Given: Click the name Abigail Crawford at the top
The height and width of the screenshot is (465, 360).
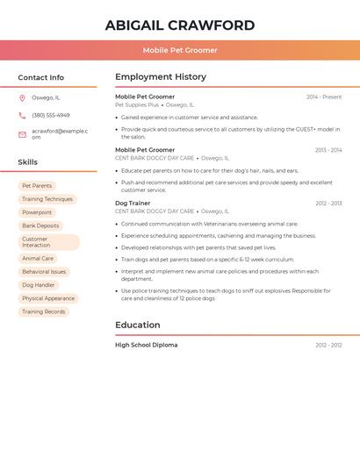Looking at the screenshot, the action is point(180,25).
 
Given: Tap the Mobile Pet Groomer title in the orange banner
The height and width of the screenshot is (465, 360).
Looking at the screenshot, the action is point(180,50).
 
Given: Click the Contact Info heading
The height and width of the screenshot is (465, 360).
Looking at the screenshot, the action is point(41,77).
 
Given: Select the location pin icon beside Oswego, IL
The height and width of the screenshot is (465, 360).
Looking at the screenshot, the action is point(22,97).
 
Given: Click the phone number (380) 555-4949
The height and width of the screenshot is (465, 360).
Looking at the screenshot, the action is point(51,115).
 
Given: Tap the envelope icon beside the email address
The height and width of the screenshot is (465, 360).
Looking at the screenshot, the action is point(22,134).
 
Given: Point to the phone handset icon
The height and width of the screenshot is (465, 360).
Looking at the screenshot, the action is point(22,115).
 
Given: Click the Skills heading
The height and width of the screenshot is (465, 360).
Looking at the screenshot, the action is point(28,162).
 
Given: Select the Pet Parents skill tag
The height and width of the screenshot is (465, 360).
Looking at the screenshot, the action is point(37,186).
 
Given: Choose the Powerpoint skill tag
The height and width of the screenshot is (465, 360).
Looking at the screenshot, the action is point(37,212).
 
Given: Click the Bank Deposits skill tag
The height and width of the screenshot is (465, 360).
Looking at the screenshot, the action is point(40,225).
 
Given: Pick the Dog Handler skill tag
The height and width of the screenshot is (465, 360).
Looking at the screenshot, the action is point(39,285).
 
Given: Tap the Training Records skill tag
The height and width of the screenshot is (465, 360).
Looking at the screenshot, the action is point(44,311).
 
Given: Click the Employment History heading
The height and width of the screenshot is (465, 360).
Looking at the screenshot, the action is point(161,77).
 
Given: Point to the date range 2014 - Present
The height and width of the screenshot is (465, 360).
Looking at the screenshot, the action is point(324,97).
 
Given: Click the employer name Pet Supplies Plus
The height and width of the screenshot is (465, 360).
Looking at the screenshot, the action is point(137,104).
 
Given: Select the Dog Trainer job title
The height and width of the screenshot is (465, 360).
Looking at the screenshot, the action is point(133,203).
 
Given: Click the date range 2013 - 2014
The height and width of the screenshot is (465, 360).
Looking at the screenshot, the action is point(328,150).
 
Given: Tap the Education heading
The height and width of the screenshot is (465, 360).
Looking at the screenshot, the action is point(138,325).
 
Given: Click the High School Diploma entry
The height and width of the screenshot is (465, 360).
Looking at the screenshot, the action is point(147,345).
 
